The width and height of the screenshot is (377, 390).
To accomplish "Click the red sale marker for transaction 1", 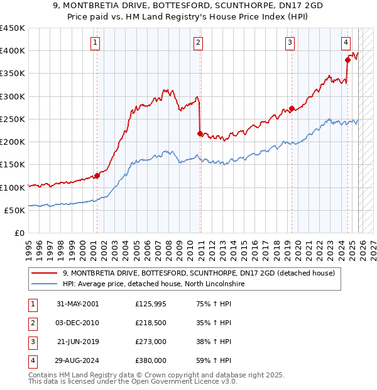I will pyautogui.click(x=97, y=176).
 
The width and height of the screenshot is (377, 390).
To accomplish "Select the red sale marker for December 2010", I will pyautogui.click(x=200, y=133).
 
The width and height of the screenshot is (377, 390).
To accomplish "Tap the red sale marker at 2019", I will pyautogui.click(x=292, y=108).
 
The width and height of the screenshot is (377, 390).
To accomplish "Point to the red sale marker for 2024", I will pyautogui.click(x=347, y=60).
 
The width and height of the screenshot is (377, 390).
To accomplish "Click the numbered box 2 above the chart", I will pyautogui.click(x=198, y=43).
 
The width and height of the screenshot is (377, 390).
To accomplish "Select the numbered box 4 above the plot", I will pyautogui.click(x=346, y=43).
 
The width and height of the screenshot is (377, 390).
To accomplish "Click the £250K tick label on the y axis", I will pyautogui.click(x=12, y=119).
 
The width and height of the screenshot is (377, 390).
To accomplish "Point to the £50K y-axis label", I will pyautogui.click(x=14, y=210).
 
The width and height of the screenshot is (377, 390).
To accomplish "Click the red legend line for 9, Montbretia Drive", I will pyautogui.click(x=44, y=273).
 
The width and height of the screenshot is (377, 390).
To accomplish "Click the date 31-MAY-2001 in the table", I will pyautogui.click(x=77, y=304).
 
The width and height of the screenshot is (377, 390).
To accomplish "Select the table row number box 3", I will pyautogui.click(x=31, y=342).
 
